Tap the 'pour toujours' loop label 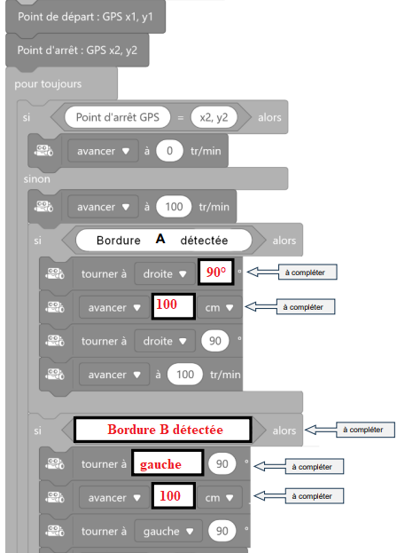[x=48, y=84]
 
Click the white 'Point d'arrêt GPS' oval [x=118, y=117]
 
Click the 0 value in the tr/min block [x=169, y=151]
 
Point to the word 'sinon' [x=37, y=179]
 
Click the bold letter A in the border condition [x=160, y=239]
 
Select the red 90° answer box [x=215, y=272]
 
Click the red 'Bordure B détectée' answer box [x=163, y=430]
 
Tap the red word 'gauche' [x=160, y=464]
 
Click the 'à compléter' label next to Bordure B [x=365, y=430]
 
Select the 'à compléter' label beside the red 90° [x=307, y=273]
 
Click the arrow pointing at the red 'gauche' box [x=269, y=467]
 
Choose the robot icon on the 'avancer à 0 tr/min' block [x=43, y=151]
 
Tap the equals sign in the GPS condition [x=181, y=117]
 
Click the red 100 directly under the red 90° [x=167, y=304]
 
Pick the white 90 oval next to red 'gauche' [x=222, y=463]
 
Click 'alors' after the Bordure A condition [x=284, y=241]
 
